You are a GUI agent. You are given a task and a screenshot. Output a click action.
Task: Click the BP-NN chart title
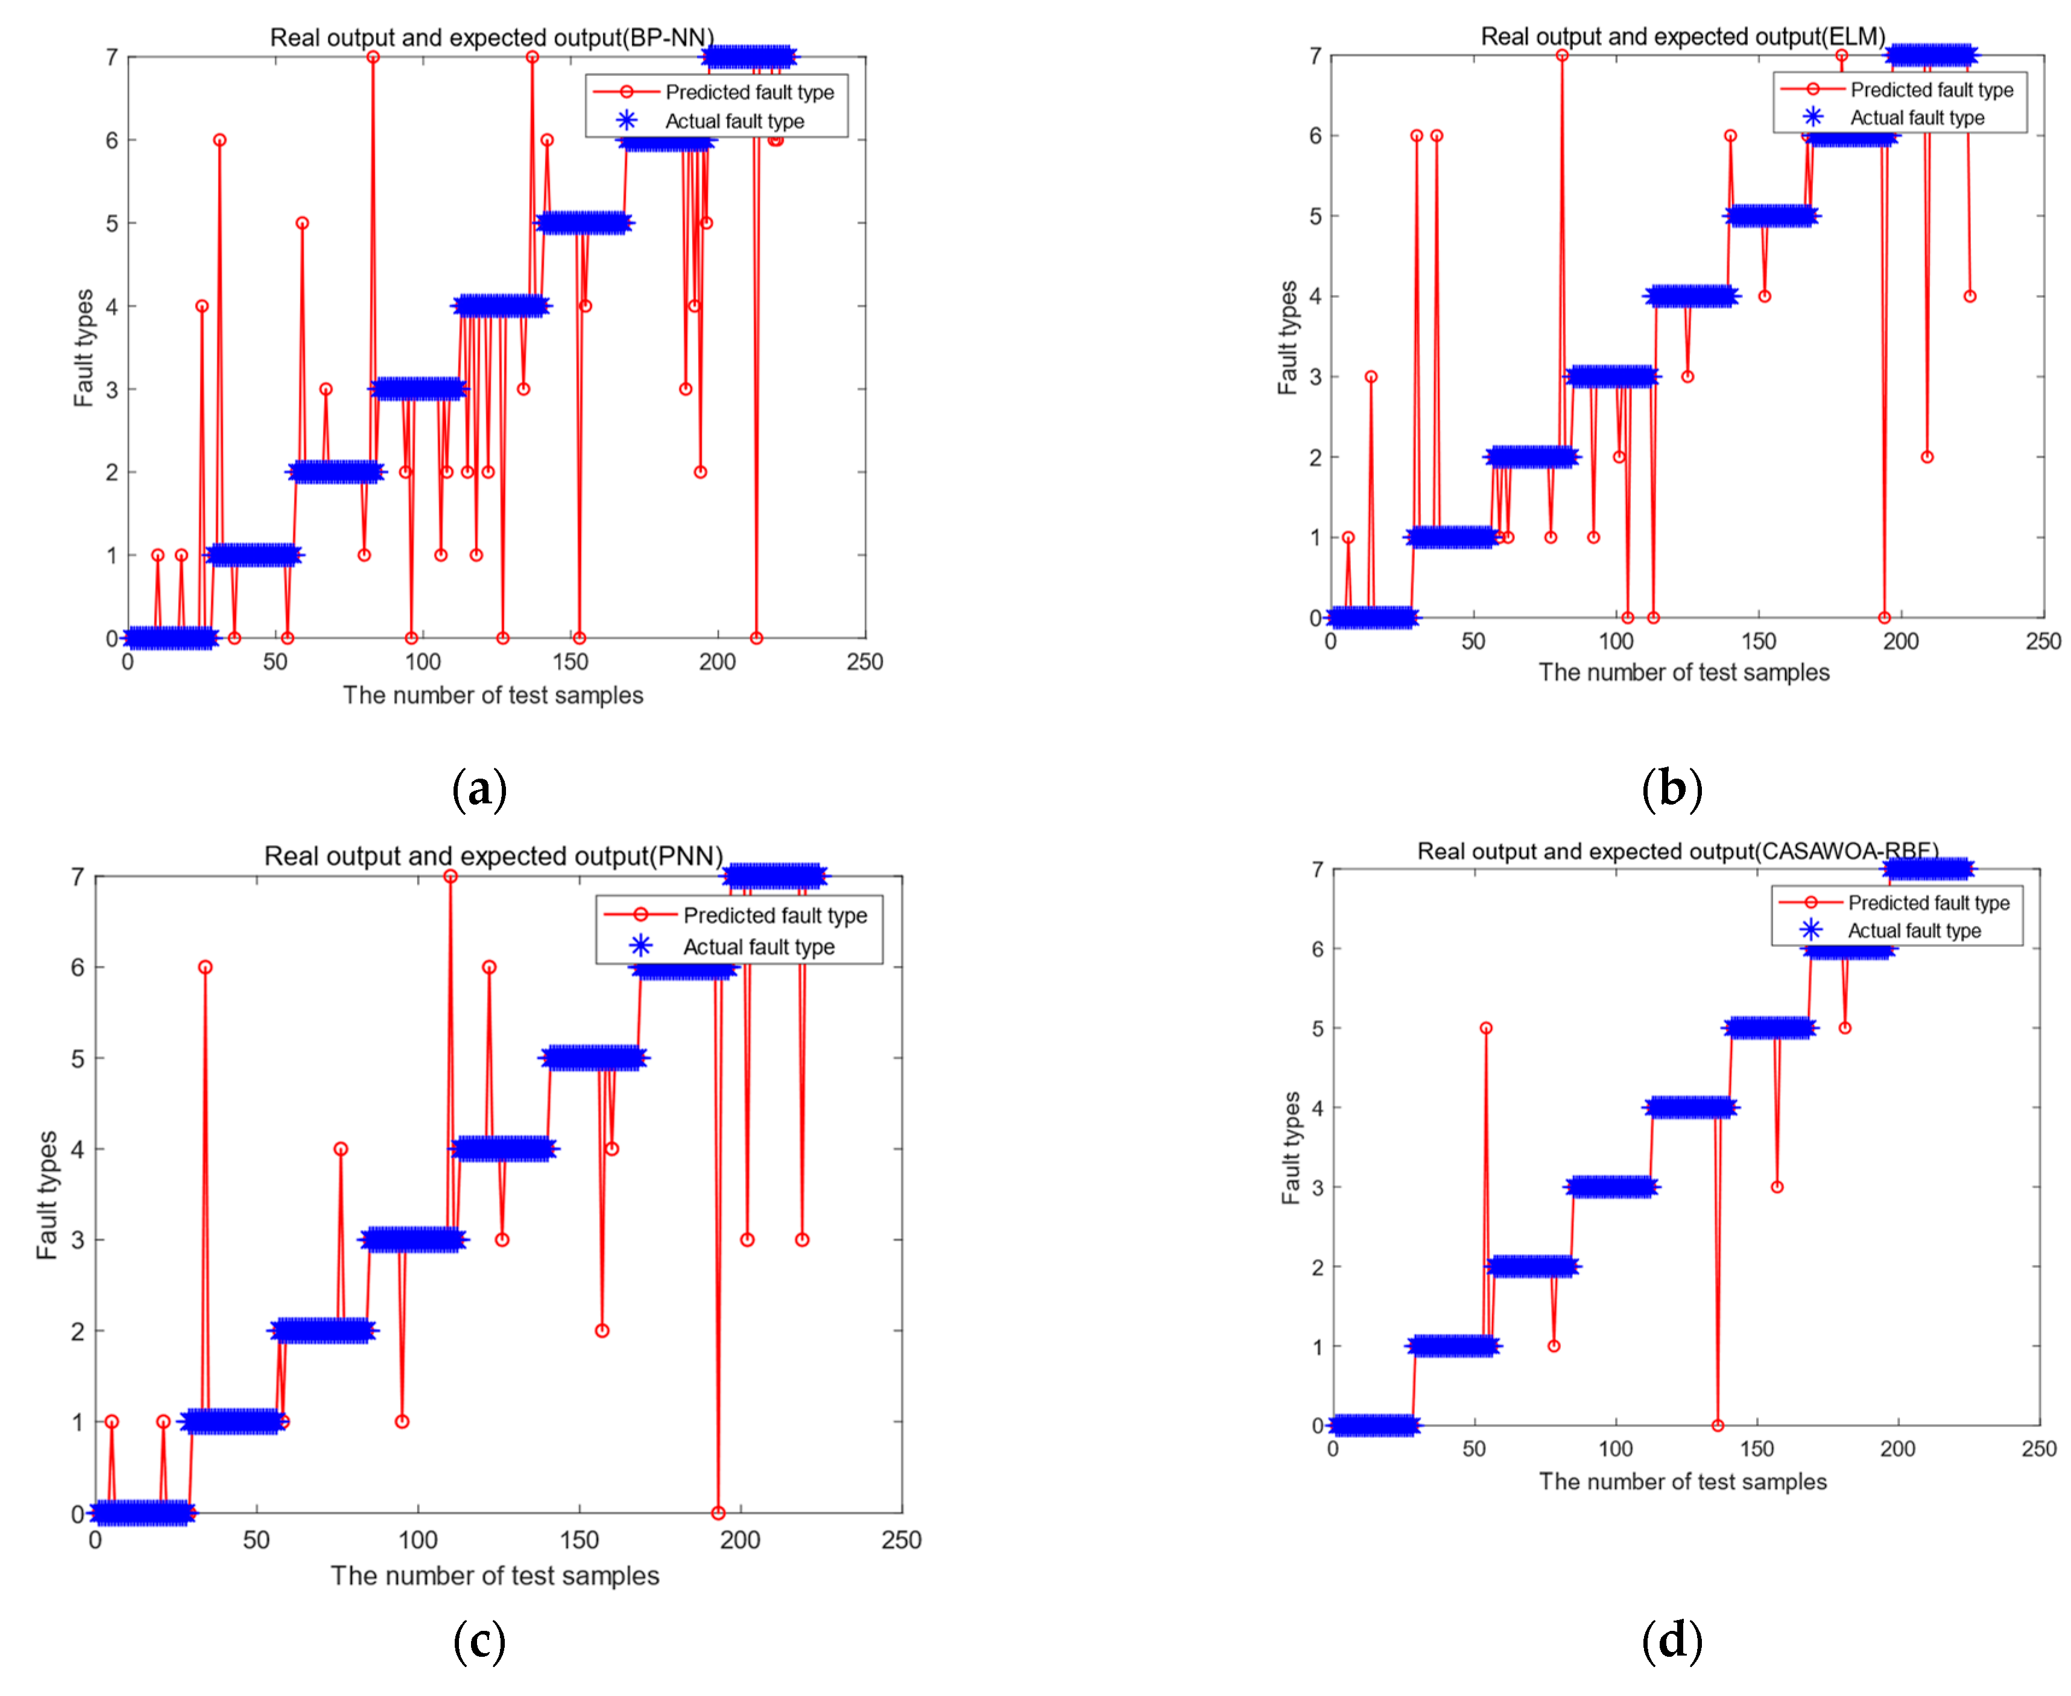pos(492,37)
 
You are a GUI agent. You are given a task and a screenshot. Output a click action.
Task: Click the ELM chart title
pos(1682,36)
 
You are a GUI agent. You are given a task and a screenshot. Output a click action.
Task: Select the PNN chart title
pos(493,856)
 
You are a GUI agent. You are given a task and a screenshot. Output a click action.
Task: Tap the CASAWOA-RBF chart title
pos(1677,851)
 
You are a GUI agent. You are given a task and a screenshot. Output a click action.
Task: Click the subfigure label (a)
pos(479,788)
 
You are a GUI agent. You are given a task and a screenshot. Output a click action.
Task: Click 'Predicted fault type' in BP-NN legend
pos(749,92)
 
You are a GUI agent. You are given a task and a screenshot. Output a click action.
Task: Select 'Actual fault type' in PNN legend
pos(758,947)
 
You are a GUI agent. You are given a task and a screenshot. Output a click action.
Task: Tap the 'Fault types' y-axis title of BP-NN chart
pos(83,348)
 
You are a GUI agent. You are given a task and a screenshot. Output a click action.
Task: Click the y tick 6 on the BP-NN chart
pos(112,141)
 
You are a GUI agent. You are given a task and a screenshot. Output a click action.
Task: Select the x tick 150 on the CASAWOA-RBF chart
pos(1756,1449)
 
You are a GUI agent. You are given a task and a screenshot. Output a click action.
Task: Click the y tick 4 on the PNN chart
pos(77,1149)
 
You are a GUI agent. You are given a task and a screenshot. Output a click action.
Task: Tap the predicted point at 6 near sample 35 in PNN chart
pos(205,967)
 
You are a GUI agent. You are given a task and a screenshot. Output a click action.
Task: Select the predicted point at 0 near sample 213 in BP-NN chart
pos(756,638)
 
